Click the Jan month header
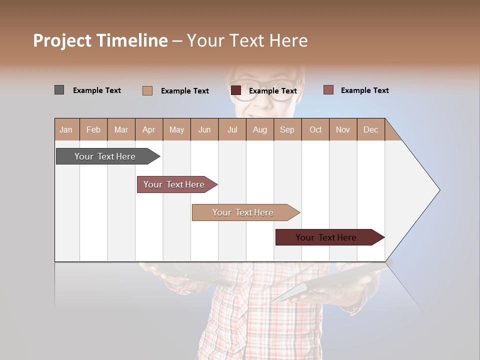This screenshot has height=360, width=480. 66,129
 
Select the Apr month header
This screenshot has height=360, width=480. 148,129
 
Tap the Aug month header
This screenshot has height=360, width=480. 259,129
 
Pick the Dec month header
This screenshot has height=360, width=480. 370,129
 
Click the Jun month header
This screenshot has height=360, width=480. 204,129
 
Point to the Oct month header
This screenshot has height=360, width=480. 315,129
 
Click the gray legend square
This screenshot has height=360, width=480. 59,90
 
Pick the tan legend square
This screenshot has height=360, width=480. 147,90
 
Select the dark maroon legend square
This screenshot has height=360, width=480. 235,90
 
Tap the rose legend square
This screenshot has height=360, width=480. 328,90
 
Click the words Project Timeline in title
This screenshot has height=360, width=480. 100,40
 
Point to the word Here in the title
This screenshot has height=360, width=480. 288,40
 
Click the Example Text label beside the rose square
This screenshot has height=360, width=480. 364,90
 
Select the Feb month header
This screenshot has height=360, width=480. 93,129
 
